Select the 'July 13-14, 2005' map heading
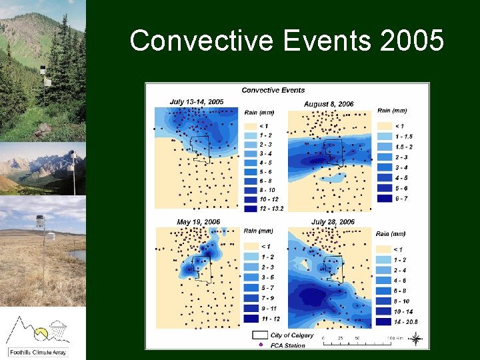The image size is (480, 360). pos(197,102)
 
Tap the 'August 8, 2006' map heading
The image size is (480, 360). pos(329,104)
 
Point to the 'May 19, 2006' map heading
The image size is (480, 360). pos(198,222)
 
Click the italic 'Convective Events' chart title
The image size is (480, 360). pos(273,90)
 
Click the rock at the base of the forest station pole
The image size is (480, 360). pos(44,127)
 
